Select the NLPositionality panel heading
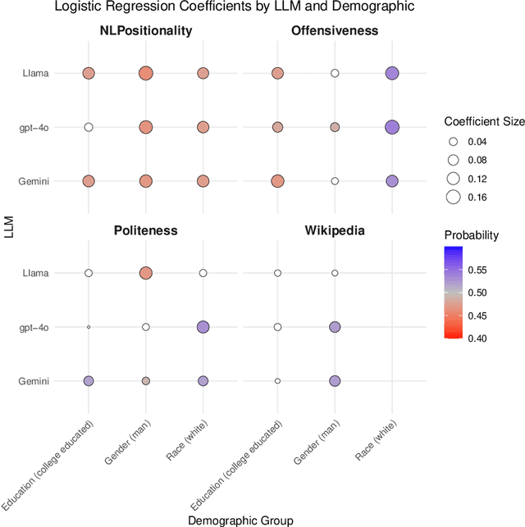[145, 31]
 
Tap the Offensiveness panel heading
[335, 31]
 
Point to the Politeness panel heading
[145, 230]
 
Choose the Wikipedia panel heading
[335, 230]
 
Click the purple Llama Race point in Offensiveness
[392, 74]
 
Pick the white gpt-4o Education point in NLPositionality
[89, 127]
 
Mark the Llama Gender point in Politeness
[145, 273]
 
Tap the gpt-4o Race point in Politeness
[203, 327]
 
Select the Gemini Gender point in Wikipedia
[335, 381]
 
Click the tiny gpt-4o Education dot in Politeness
[89, 327]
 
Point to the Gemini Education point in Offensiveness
[277, 181]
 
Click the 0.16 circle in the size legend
[453, 197]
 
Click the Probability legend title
[471, 235]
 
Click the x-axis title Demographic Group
[240, 520]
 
